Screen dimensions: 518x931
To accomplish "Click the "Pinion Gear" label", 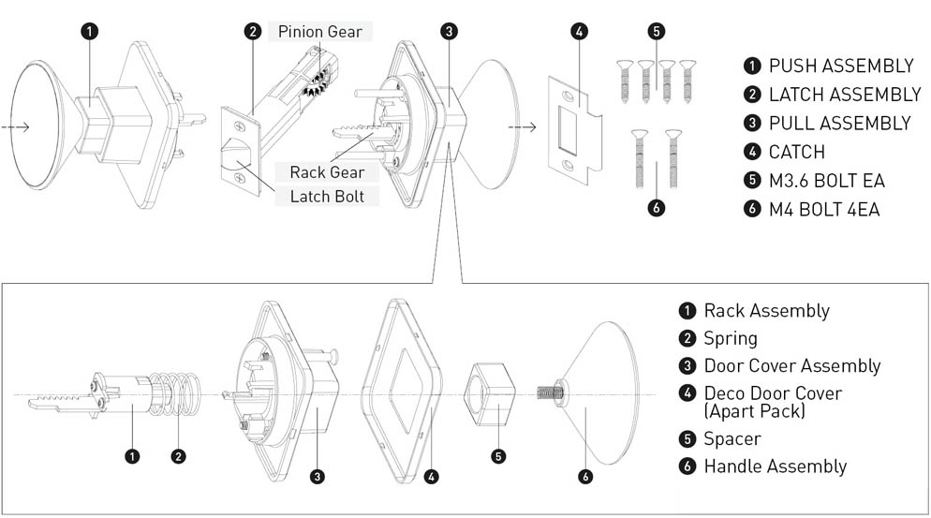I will pos(319,32).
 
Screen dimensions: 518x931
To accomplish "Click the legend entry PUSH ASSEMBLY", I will pos(840,66).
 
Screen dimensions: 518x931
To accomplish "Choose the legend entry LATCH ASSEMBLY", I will pos(844,95).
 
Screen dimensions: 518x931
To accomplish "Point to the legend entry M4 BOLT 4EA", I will pos(823,209).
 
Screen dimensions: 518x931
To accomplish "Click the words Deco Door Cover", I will pos(773,393).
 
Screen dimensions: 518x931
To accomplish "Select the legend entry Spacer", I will pos(732,438).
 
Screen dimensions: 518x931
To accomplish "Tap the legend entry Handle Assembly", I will pos(775,466).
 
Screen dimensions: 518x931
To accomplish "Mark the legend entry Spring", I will pos(731,338).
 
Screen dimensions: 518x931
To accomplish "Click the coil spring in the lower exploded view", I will pos(175,394).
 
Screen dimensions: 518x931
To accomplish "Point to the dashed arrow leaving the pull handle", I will pos(521,126).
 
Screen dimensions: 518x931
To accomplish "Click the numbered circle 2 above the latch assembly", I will pos(253,32).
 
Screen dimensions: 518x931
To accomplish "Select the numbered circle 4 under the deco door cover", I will pos(431,477).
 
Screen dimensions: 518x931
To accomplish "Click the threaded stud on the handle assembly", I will pos(547,394).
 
